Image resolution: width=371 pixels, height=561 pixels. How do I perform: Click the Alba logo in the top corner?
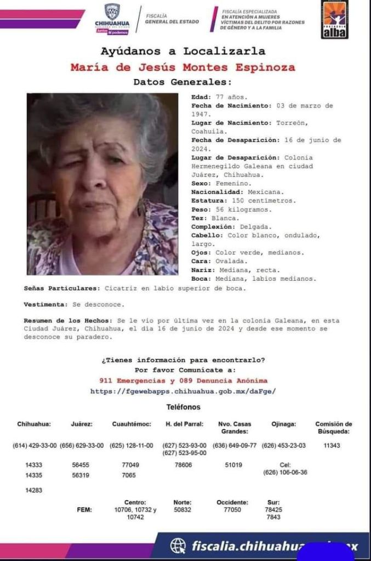(335, 19)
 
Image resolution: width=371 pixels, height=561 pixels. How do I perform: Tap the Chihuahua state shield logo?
(112, 12)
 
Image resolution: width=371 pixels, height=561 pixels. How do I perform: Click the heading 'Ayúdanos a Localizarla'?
(183, 52)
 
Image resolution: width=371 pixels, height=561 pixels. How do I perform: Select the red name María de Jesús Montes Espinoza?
(183, 67)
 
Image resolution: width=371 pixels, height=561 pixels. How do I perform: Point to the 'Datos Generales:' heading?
(183, 82)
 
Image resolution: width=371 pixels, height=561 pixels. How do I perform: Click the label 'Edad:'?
(201, 97)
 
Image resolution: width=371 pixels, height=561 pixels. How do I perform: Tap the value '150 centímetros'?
(264, 201)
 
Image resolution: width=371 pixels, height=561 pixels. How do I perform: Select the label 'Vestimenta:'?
(45, 304)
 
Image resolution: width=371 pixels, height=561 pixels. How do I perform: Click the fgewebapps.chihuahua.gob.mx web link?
(183, 391)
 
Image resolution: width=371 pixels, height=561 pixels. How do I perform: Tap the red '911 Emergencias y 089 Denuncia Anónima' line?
(183, 380)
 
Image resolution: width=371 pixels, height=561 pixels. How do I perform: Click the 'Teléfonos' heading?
(183, 407)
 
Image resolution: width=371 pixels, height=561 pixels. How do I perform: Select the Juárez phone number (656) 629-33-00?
(81, 445)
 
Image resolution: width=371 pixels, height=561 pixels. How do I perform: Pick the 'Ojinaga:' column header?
(283, 424)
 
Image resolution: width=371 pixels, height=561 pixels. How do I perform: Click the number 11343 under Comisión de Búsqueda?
(332, 445)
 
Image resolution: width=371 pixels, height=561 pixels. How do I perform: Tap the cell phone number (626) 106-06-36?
(285, 472)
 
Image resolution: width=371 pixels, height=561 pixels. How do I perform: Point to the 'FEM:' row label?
(84, 509)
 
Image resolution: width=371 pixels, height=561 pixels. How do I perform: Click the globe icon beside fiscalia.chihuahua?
(178, 546)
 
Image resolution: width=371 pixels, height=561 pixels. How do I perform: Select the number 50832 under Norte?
(182, 509)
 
